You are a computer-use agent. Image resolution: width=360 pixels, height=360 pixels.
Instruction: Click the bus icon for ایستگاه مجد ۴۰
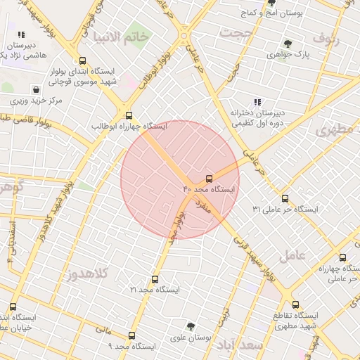point(209,179)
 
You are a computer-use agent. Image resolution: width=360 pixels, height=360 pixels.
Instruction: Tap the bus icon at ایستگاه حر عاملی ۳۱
point(285,198)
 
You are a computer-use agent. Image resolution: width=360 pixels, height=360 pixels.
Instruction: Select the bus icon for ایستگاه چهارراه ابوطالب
point(128,115)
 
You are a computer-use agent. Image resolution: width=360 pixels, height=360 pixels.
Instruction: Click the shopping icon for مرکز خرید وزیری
point(36,89)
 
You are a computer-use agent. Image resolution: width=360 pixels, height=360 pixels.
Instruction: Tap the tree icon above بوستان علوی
point(191,327)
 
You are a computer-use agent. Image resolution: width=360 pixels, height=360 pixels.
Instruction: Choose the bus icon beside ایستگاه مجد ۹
point(131,335)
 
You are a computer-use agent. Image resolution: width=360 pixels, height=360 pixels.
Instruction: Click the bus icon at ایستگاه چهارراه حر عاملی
point(342,257)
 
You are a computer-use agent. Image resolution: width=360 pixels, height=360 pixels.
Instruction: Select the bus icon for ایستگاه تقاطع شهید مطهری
point(295,304)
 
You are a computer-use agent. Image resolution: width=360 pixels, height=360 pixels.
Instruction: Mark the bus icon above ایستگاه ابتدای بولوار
point(83,60)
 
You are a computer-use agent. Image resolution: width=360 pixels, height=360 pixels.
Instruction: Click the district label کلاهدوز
point(89,274)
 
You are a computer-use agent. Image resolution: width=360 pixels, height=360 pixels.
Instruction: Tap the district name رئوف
point(326,39)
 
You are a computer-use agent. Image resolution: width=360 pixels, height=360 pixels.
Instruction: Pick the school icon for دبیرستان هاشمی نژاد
point(21,33)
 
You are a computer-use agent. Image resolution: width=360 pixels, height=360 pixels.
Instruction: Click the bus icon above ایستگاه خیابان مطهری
point(13,307)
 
